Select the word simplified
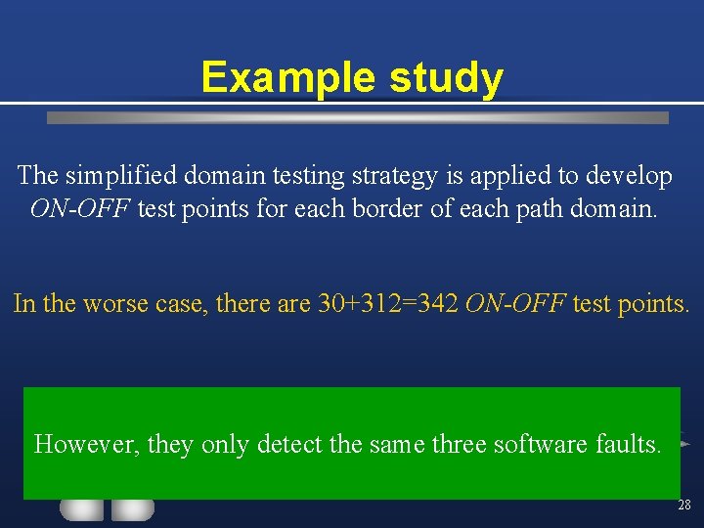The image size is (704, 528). tap(123, 176)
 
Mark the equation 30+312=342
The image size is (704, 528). tap(388, 303)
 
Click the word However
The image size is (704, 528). tap(87, 444)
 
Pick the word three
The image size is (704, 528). tap(459, 444)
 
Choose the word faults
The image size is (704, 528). tap(629, 444)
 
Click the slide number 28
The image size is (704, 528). tap(683, 506)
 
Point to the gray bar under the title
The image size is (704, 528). tap(358, 117)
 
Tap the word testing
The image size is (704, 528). tap(307, 176)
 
